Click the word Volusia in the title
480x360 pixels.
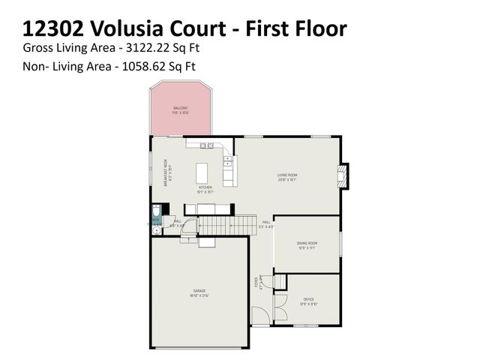123,29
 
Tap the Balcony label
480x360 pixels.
181,109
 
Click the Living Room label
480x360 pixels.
288,176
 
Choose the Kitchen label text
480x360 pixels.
205,187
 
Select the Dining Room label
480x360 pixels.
307,243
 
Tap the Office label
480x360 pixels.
308,299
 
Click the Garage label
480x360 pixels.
199,291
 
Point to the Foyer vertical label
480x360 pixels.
256,283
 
